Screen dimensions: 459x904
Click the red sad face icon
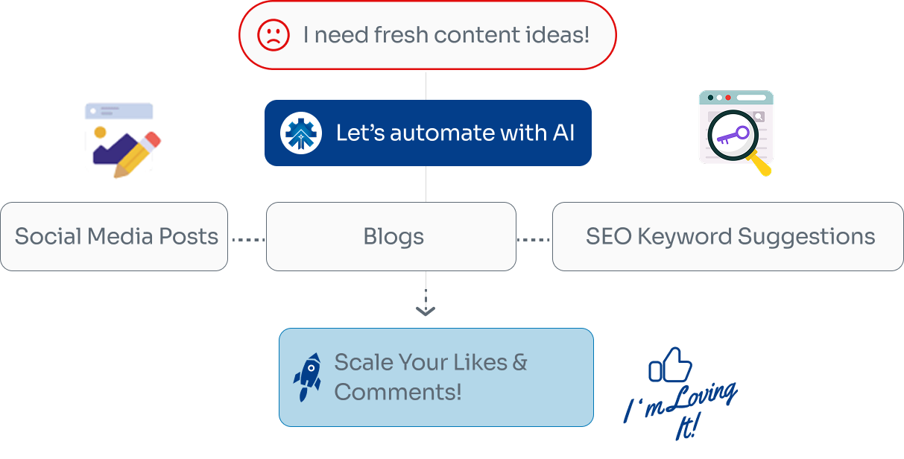coord(274,36)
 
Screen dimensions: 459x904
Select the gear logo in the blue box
coord(301,133)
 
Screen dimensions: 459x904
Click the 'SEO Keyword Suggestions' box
coord(728,237)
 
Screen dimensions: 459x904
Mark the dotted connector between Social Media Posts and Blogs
coord(247,240)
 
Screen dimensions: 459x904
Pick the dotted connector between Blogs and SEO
coord(534,240)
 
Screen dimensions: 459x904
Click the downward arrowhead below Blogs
coord(426,310)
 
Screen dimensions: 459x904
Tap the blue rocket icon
coord(307,377)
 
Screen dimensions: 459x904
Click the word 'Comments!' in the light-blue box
coord(398,392)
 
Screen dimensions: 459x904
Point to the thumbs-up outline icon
coord(670,366)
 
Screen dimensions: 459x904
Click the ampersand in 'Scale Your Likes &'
coord(519,363)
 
